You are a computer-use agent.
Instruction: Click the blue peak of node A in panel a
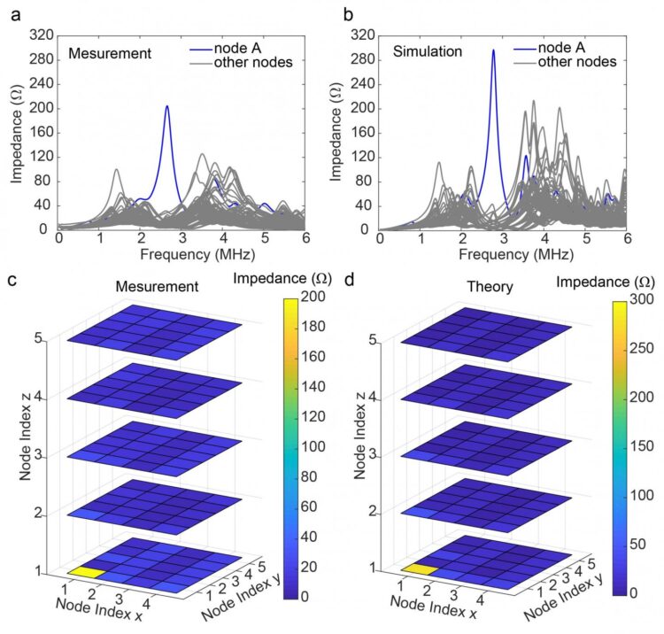pos(166,107)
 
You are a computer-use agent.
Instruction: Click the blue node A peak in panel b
pos(493,51)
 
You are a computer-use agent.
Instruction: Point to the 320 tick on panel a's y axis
pos(37,35)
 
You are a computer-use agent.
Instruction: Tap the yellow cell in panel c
pos(87,572)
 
